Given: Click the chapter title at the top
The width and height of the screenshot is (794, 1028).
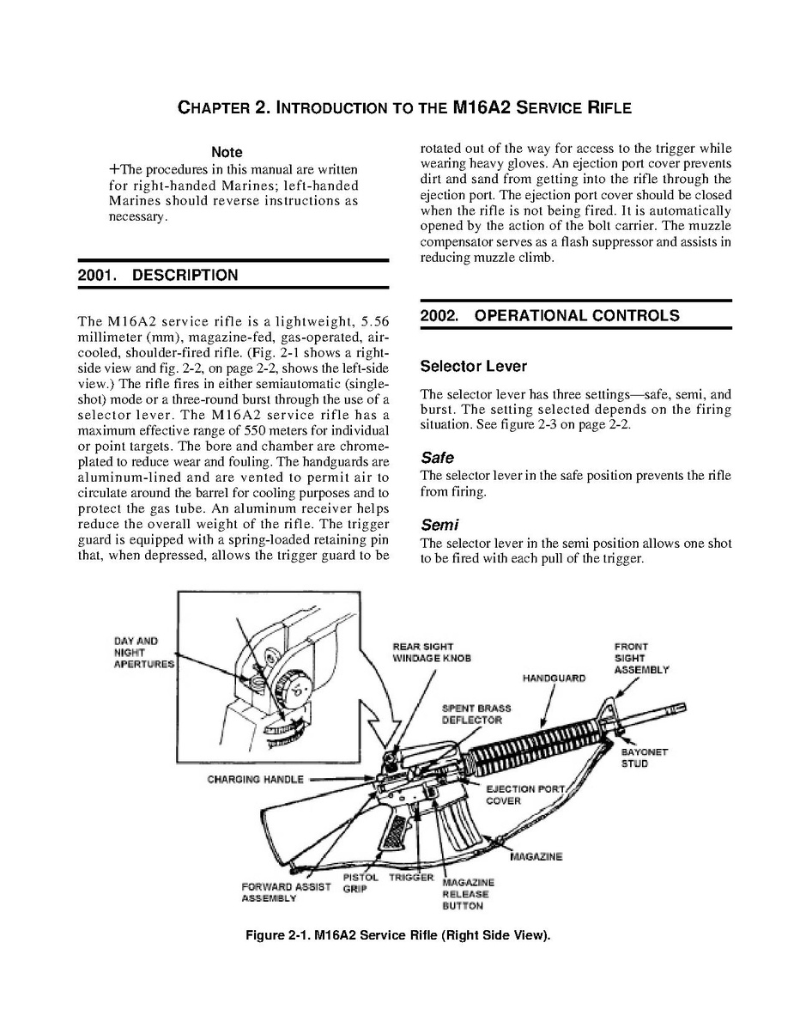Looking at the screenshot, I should [x=403, y=108].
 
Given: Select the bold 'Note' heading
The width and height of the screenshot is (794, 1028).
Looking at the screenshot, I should [x=227, y=152].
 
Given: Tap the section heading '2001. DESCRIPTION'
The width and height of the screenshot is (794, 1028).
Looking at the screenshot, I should [x=157, y=276].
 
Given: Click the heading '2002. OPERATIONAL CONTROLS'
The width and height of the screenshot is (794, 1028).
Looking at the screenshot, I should [x=549, y=315].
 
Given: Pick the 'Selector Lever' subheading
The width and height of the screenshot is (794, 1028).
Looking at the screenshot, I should [x=473, y=367].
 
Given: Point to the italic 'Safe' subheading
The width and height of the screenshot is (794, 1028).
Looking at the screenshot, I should [x=437, y=458].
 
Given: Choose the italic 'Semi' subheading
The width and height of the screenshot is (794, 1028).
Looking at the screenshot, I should [x=439, y=525].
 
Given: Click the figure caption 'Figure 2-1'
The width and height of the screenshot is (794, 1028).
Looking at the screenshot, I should [x=397, y=935].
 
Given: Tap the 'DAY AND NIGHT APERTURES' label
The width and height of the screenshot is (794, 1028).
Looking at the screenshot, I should [x=143, y=653].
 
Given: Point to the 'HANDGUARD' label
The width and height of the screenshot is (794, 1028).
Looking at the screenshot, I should [x=554, y=678].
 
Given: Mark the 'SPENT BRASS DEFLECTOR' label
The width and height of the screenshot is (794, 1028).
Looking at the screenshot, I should [x=476, y=714].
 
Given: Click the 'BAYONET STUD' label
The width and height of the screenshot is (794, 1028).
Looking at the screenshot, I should [x=644, y=757].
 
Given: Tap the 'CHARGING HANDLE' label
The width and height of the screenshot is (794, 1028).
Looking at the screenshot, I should [x=255, y=780].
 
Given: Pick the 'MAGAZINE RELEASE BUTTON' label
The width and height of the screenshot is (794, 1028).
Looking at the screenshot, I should [x=468, y=894].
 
